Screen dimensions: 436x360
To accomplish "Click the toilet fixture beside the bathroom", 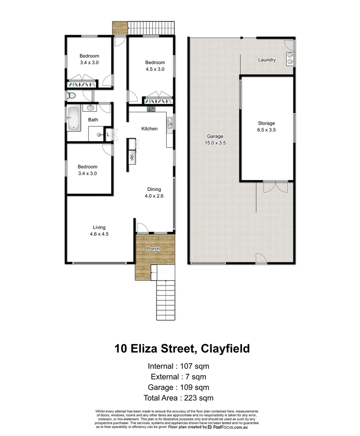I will (71, 95).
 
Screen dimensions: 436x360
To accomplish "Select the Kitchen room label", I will (149, 129).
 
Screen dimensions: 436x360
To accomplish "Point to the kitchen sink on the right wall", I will (170, 123).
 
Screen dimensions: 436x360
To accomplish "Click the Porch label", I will (153, 249).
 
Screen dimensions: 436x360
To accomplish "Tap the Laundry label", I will (267, 60).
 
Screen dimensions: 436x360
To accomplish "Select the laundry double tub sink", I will (290, 59).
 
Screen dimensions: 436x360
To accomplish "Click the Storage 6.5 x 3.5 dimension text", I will (266, 130).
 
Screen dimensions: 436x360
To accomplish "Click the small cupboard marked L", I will (108, 134).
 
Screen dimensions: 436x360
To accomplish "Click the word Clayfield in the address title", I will (224, 348).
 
